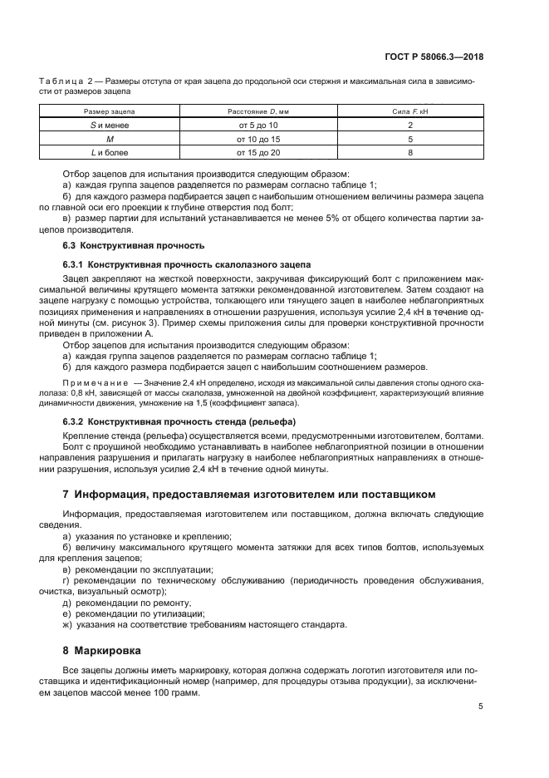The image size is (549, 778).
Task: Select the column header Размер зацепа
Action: (110, 111)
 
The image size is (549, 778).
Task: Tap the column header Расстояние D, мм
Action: (259, 111)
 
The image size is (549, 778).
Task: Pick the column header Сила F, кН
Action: (410, 111)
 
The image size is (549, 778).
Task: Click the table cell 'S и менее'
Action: (110, 125)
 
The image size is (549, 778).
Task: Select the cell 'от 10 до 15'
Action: (259, 139)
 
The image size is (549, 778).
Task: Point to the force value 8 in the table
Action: (410, 153)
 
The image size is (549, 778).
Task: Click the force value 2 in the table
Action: (410, 125)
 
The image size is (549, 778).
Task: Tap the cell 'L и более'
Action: (110, 153)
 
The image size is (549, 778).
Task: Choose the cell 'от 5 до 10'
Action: (259, 125)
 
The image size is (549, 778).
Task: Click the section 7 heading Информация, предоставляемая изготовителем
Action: (248, 494)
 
